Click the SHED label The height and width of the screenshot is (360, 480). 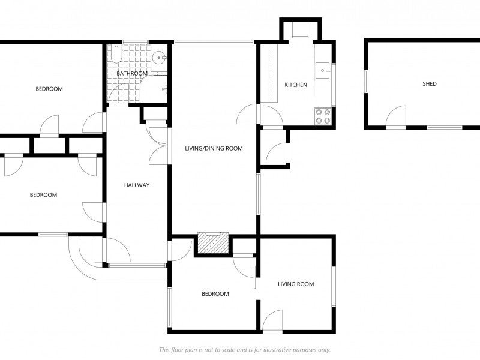coord(430,84)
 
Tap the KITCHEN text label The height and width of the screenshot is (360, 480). coord(296,85)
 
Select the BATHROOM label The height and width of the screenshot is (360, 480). coord(132,74)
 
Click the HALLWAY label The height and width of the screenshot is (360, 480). coord(137,185)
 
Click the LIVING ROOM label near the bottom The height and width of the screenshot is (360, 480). coord(296,284)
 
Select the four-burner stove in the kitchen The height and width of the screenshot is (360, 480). coord(323,116)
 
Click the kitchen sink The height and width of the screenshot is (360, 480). coord(325,71)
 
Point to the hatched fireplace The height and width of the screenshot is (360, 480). coord(212,242)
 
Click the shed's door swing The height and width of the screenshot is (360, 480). coord(396,118)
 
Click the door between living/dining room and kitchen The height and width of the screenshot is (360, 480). coord(248,114)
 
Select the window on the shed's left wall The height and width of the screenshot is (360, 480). coord(365,82)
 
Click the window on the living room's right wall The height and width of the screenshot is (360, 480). coord(334,284)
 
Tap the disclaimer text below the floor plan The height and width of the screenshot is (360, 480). coord(244,350)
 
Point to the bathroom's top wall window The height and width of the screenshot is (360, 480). coord(134,42)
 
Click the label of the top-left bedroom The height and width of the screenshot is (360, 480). coord(49,89)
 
